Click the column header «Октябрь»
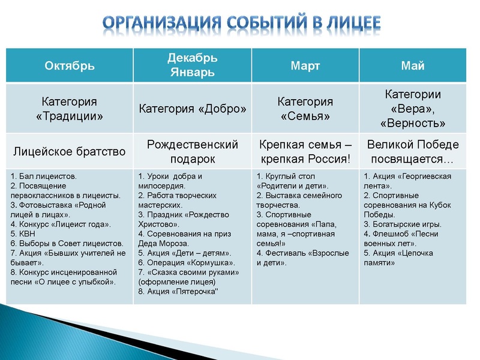pos(70,66)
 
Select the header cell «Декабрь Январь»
pos(192,65)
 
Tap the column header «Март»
pos(305,66)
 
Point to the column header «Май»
pos(413,66)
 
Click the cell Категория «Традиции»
pos(70,109)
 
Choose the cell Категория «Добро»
pos(192,109)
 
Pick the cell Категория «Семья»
pos(305,109)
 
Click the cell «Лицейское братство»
pos(70,151)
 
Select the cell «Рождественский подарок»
pos(192,151)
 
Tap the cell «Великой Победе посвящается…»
pos(413,151)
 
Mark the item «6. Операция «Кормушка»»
pos(187,263)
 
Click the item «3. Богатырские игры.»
pos(402,224)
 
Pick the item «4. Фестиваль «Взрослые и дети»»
pos(302,258)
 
